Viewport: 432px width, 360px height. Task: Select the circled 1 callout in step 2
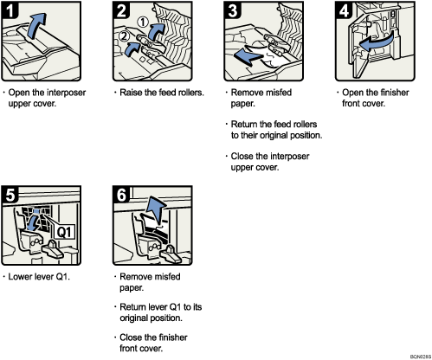click(144, 24)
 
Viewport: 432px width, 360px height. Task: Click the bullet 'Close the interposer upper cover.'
click(273, 162)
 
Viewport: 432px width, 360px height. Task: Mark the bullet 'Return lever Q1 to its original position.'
click(156, 312)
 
